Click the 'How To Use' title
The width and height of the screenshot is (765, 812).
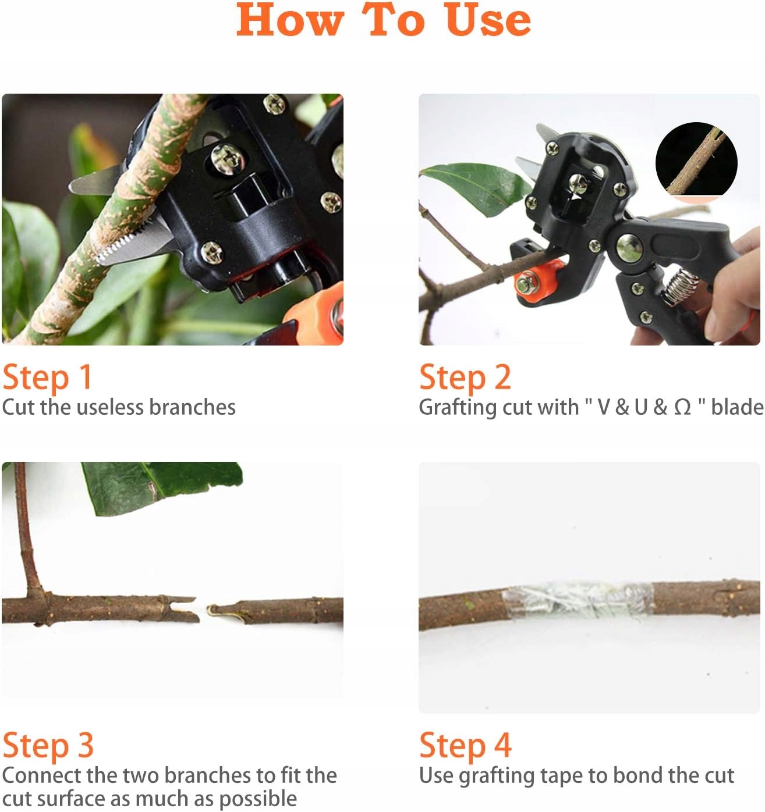coord(384,20)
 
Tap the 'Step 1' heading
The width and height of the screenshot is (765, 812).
coord(47,377)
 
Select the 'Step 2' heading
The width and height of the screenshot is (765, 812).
coord(465,377)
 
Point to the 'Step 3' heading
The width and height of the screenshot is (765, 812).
coord(48,746)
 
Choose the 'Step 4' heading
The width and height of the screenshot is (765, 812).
coord(465,746)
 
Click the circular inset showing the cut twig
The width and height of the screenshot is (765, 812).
coord(696,160)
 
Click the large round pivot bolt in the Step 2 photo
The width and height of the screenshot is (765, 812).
coord(629,248)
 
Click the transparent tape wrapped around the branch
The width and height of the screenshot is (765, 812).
coord(578,600)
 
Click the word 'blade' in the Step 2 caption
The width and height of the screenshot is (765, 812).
coord(736,407)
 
